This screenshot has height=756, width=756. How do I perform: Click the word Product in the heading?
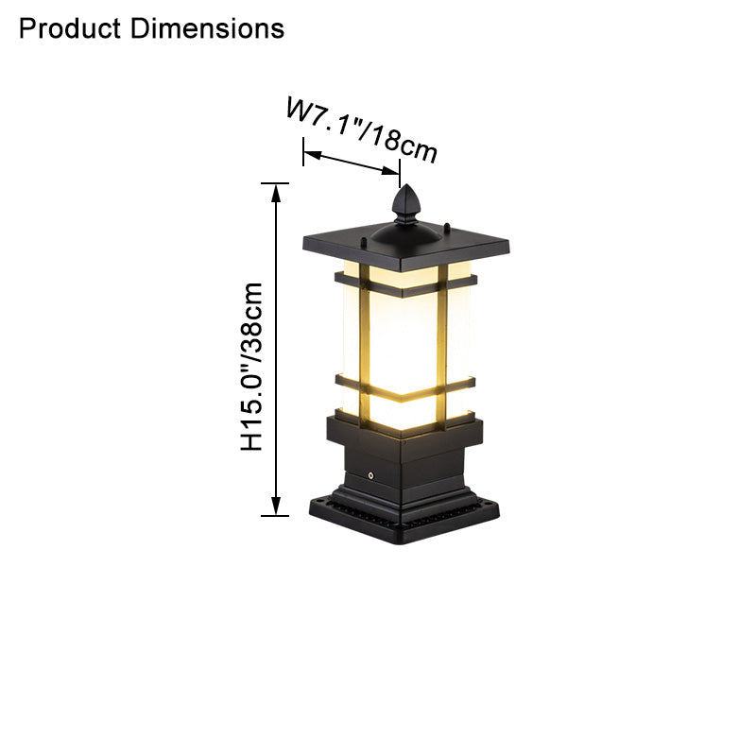(69, 28)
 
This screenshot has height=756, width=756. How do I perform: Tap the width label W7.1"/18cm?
(363, 130)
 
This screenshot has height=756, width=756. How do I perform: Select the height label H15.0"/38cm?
(252, 367)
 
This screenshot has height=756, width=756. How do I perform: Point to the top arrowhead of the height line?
(276, 194)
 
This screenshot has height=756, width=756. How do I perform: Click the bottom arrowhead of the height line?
(276, 506)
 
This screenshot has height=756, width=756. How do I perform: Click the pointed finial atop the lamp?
(406, 201)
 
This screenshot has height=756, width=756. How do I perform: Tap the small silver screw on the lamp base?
(371, 475)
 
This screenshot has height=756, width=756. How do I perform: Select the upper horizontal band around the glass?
(406, 283)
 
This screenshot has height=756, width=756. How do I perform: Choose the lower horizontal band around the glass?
(406, 387)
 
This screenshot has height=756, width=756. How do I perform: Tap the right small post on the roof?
(447, 227)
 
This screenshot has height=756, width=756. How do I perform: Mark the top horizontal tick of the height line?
(275, 182)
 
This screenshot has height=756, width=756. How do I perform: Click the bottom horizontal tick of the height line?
(275, 516)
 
